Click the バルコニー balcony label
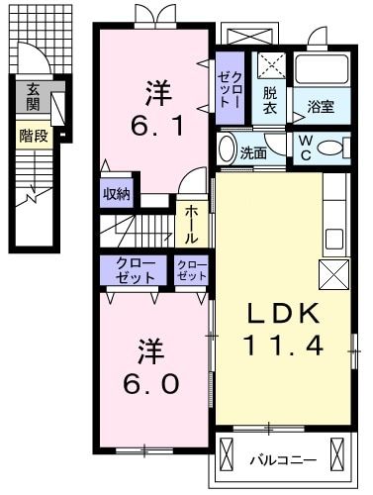[x=282, y=459]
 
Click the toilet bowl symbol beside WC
[x=335, y=149]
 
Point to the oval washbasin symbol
[x=227, y=150]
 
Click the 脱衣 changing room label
[x=270, y=100]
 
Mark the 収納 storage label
[x=117, y=194]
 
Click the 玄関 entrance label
[x=33, y=96]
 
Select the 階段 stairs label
[x=32, y=136]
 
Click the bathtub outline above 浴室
[x=321, y=68]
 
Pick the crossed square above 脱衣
[x=270, y=64]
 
